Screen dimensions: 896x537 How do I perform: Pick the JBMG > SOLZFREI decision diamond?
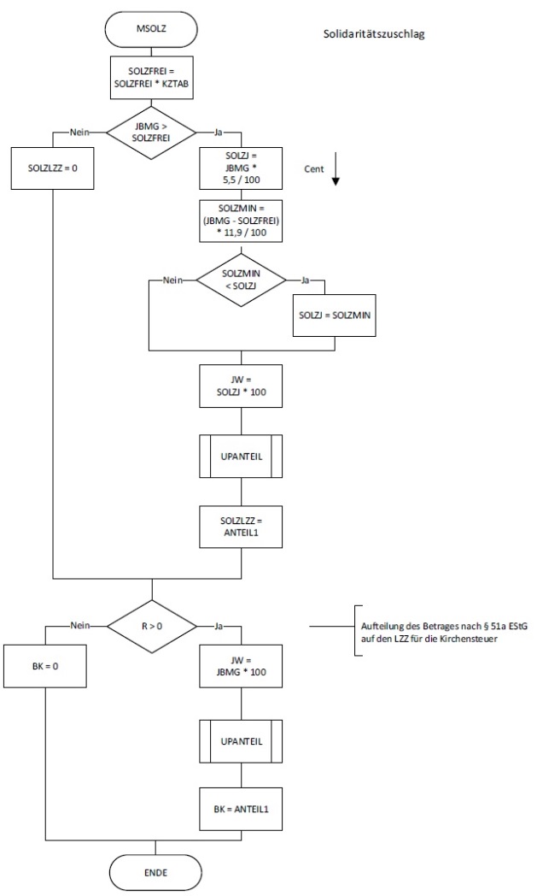pos(152,133)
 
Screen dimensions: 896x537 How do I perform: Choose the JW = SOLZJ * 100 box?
pos(241,386)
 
